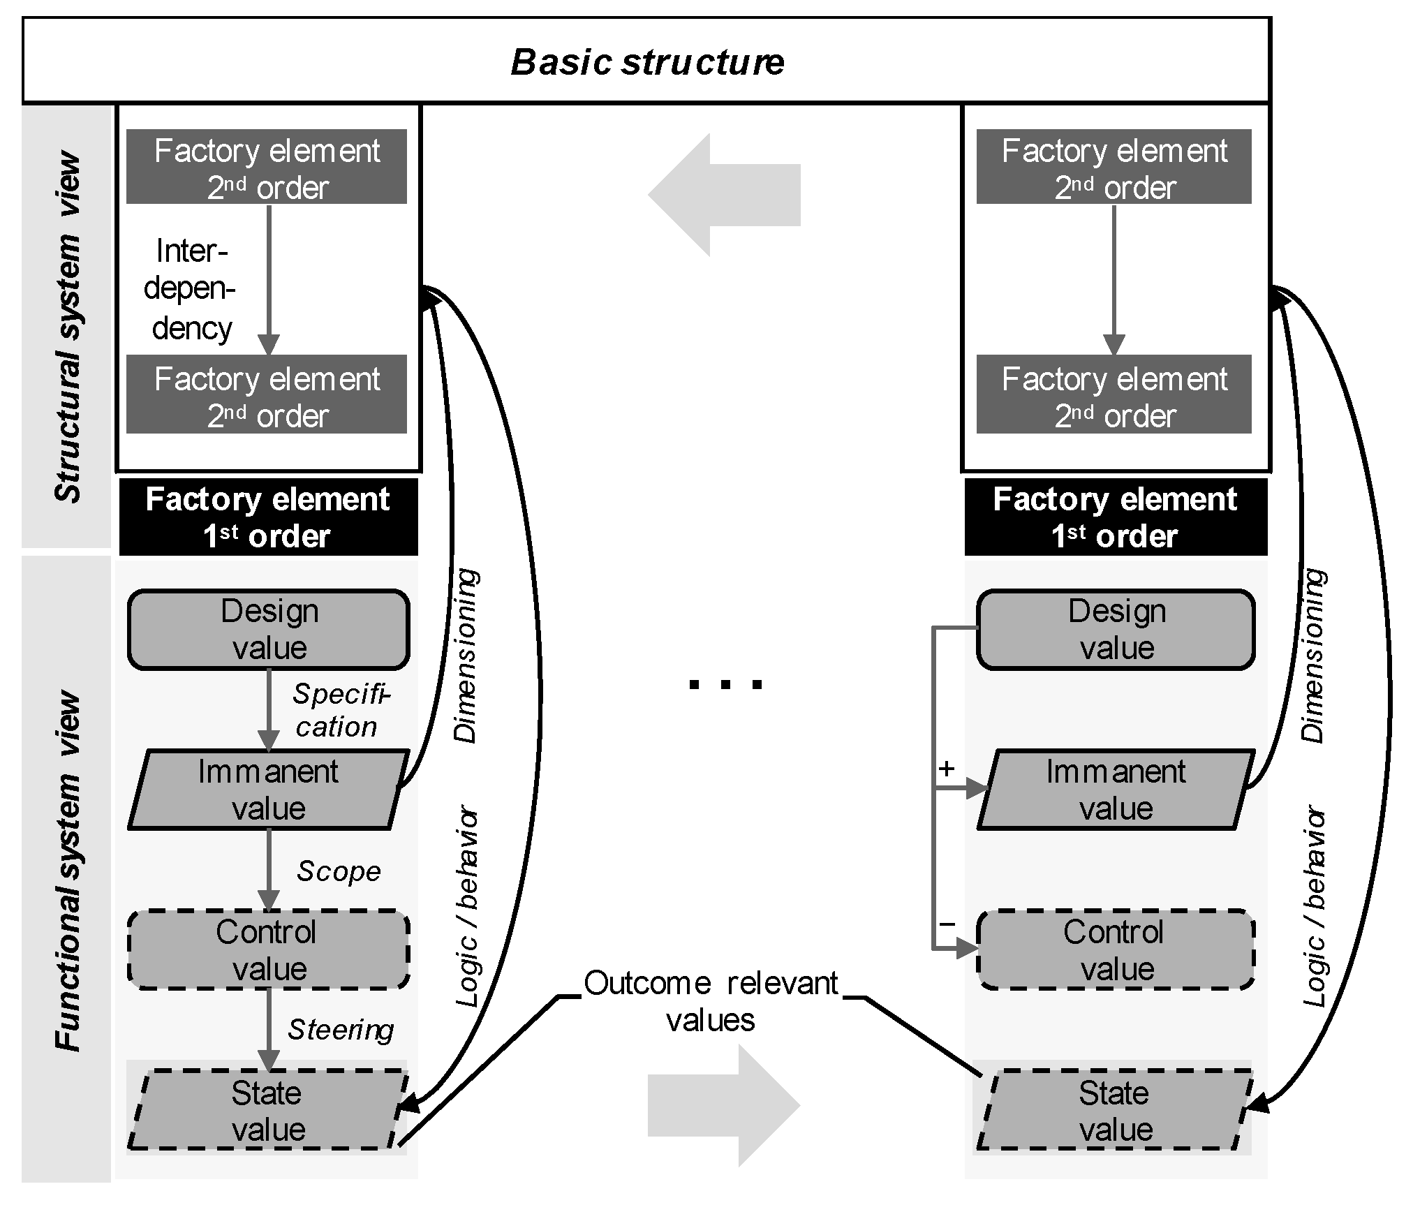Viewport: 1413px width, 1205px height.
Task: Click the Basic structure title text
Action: pos(647,61)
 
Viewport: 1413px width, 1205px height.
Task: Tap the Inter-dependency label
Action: pos(190,289)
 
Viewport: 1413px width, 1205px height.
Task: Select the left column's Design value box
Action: pos(269,629)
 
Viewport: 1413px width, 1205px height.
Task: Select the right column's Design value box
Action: pos(1116,629)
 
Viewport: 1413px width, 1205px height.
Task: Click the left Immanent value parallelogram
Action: pos(269,790)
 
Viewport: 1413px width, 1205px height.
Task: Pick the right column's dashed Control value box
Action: pos(1116,949)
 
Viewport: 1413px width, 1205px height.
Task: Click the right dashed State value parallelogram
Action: pos(1116,1110)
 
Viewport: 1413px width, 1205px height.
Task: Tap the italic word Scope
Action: pos(339,871)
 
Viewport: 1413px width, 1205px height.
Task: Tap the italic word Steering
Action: pos(341,1030)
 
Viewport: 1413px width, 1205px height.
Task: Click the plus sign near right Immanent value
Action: pos(947,769)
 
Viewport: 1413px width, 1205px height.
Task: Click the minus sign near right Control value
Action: pos(947,924)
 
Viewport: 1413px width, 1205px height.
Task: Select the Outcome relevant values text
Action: pos(711,1000)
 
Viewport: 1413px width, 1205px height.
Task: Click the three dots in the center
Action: pos(725,684)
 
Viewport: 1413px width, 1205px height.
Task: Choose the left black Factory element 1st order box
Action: pos(269,517)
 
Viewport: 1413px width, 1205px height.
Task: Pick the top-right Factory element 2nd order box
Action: pos(1114,167)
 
